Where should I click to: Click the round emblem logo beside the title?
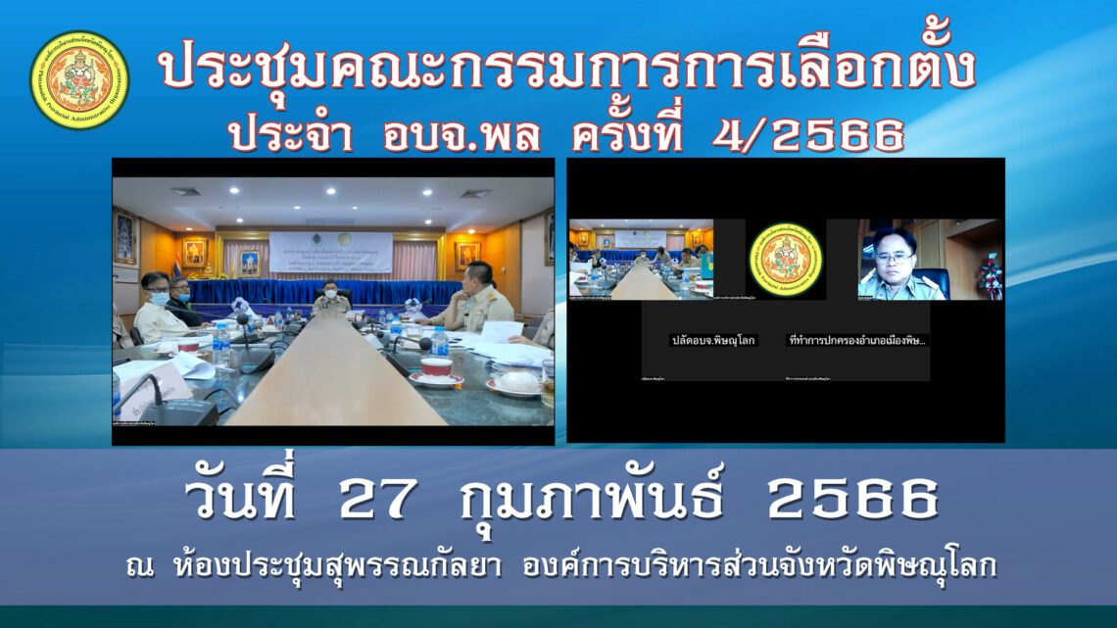point(79,80)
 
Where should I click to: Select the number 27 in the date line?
point(381,501)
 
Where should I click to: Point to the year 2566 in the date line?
point(853,501)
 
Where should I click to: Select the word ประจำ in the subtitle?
point(291,137)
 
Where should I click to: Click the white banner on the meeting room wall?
point(330,252)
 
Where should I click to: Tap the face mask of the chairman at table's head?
point(330,292)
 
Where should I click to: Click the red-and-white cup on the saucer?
point(436,367)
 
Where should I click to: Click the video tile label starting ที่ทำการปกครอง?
point(857,341)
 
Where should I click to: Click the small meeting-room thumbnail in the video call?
point(641,258)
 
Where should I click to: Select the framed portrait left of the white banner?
point(194,252)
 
